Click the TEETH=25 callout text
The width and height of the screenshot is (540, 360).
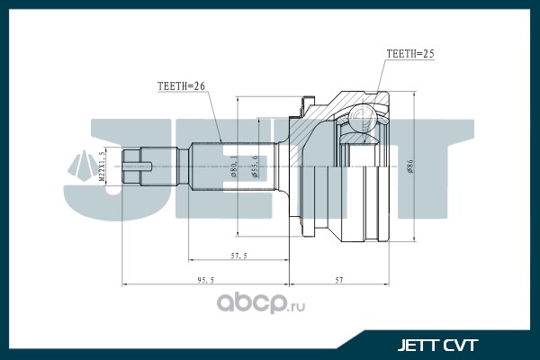click(x=409, y=54)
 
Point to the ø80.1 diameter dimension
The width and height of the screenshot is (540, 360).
click(x=233, y=166)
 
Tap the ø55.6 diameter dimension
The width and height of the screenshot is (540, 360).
click(x=256, y=166)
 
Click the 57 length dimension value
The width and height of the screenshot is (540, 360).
click(x=339, y=281)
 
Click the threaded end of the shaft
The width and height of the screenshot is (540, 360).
click(x=135, y=166)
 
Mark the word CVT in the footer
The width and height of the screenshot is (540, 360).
click(x=460, y=345)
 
